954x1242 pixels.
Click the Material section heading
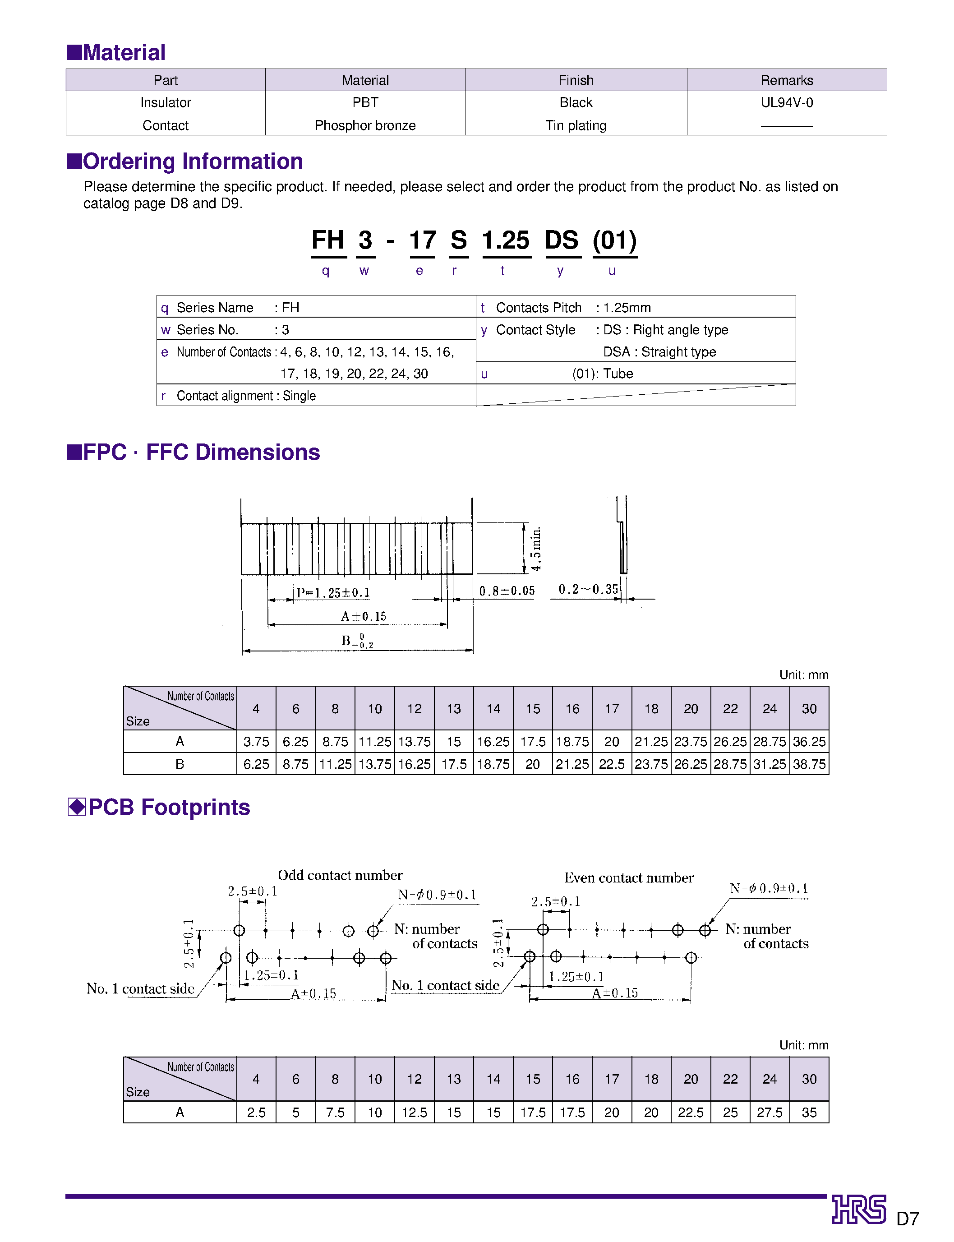pos(116,52)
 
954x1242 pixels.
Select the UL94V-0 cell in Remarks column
pos(787,102)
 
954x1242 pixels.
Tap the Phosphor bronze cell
pos(365,125)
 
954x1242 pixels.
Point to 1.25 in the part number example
pos(505,240)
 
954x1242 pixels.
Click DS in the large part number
pos(561,240)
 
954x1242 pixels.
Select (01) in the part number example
pos(614,240)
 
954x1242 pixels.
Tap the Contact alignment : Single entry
pos(246,396)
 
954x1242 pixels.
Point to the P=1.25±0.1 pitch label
pos(333,592)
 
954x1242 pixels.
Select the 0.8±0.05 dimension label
pos(507,591)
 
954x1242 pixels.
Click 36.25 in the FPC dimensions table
pos(809,742)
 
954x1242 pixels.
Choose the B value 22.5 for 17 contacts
pos(611,764)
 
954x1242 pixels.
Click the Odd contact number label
pos(340,875)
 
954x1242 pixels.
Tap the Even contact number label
pos(629,878)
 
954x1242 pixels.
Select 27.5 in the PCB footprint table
pos(769,1113)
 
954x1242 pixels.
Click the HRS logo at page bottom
pos(859,1209)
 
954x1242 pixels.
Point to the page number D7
pos(908,1219)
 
